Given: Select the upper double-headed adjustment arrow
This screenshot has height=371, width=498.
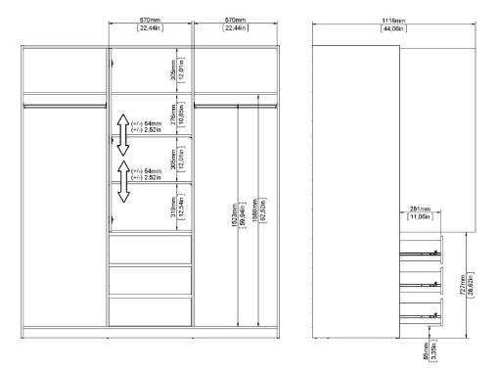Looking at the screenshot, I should tap(122, 134).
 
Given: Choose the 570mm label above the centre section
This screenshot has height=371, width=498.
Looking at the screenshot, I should tap(150, 24).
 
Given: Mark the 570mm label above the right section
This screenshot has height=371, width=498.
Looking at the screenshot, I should tap(235, 24).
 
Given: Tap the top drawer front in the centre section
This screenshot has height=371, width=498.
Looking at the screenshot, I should tap(149, 249).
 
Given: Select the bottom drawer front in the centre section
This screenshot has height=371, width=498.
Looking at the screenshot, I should tap(149, 311).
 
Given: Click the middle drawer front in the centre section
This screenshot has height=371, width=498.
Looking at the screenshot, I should tap(149, 280).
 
